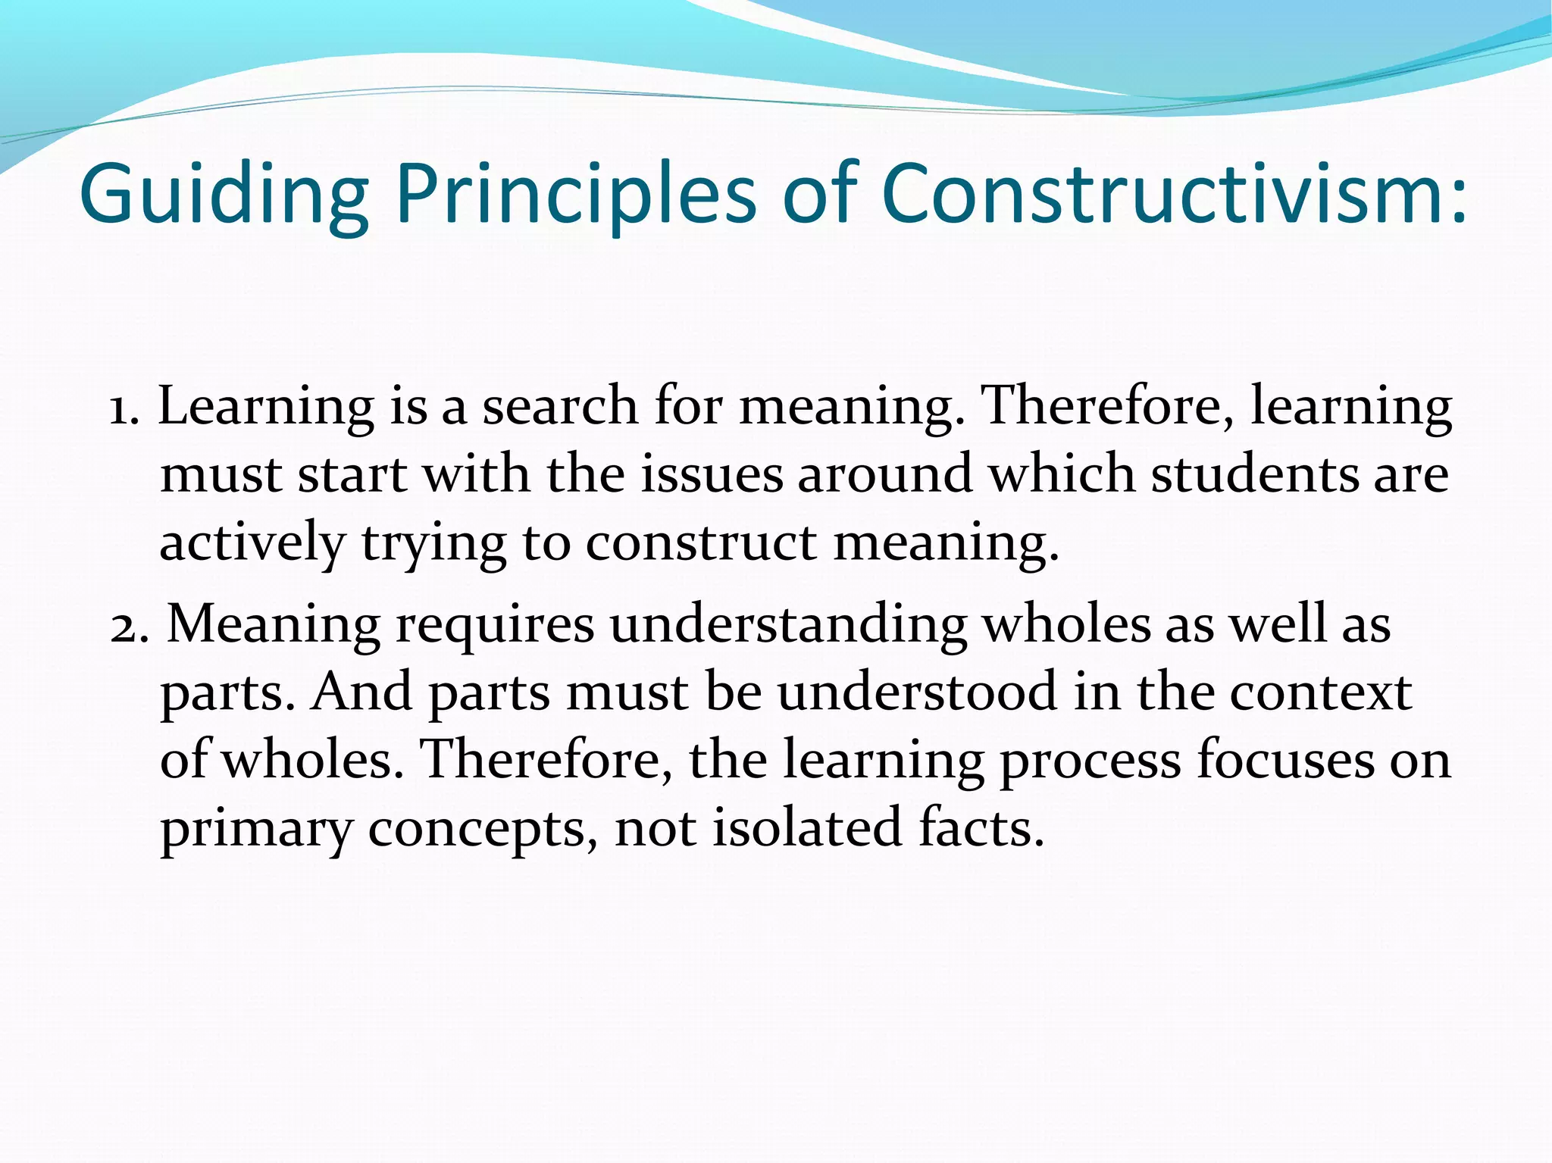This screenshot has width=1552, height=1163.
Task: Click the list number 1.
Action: (121, 409)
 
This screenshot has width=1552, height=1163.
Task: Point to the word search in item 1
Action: (561, 406)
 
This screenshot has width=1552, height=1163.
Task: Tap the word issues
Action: (712, 474)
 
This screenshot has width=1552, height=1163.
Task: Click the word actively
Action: (252, 543)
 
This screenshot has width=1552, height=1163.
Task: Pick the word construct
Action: (701, 543)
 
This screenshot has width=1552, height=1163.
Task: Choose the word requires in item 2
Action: (495, 626)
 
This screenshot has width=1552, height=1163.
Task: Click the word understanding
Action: (788, 626)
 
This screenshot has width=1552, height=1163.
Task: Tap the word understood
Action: (917, 692)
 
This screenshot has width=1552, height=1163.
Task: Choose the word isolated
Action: (806, 827)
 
